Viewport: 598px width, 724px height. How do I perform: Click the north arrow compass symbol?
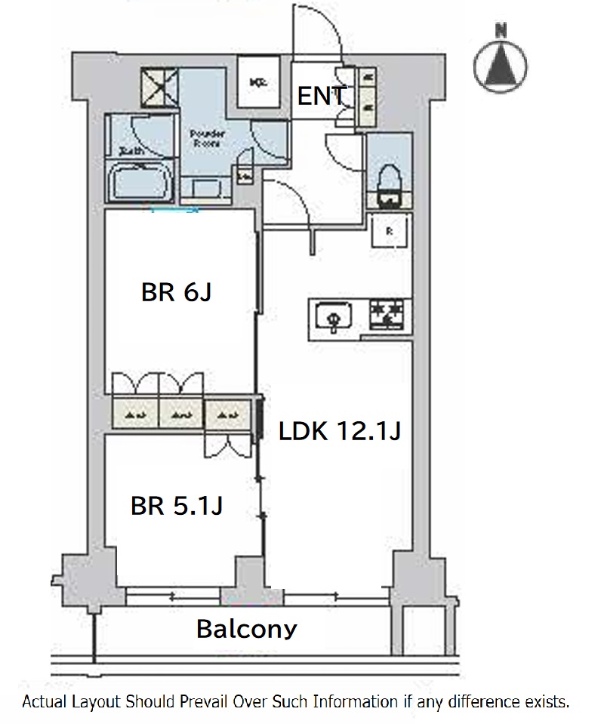coord(501,62)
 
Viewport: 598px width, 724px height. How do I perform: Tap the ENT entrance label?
coord(322,97)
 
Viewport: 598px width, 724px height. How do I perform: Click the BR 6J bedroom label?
coord(175,292)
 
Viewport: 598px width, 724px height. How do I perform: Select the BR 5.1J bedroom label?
coord(176,505)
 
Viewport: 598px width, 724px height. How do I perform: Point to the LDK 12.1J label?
coord(339,432)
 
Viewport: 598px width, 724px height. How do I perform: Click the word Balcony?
coord(247,628)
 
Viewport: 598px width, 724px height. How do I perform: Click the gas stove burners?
coord(387,314)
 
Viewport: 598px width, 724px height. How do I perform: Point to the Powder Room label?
coord(205,137)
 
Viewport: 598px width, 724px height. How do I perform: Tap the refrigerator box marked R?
coord(390,231)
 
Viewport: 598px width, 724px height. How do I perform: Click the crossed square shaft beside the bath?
coord(161,88)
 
